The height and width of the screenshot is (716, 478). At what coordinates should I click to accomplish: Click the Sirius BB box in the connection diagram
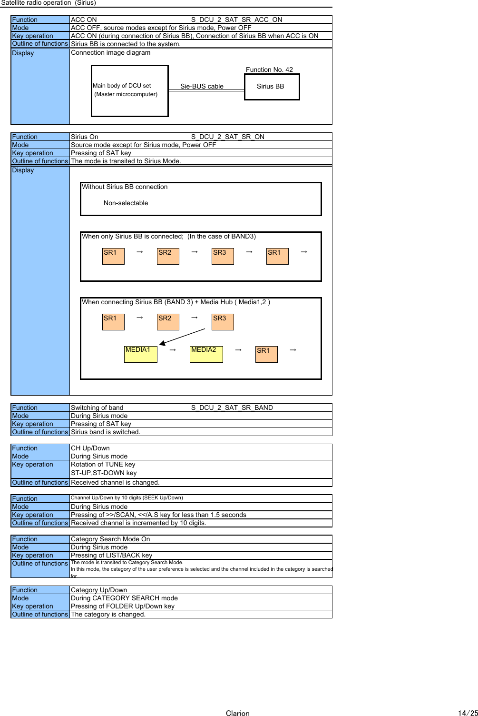pyautogui.click(x=272, y=87)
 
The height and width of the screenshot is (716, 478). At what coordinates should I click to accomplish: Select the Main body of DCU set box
pyautogui.click(x=129, y=90)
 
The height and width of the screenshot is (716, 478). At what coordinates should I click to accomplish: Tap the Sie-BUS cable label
pyautogui.click(x=202, y=86)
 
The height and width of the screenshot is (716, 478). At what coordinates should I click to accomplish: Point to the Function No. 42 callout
pyautogui.click(x=269, y=70)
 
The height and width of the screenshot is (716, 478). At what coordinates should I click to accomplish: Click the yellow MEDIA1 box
pyautogui.click(x=140, y=354)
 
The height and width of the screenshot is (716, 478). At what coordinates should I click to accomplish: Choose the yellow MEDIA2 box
pyautogui.click(x=206, y=354)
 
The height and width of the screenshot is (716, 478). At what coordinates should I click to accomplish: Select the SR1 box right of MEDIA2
pyautogui.click(x=266, y=354)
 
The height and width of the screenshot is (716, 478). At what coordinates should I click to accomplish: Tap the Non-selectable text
pyautogui.click(x=126, y=203)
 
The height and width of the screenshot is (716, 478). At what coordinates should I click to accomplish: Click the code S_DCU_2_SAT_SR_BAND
pyautogui.click(x=232, y=408)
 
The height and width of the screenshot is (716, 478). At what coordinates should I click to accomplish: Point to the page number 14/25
pyautogui.click(x=468, y=713)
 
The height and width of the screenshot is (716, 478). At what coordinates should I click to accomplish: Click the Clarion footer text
pyautogui.click(x=237, y=713)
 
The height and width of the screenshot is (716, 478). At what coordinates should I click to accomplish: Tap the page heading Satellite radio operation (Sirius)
pyautogui.click(x=49, y=3)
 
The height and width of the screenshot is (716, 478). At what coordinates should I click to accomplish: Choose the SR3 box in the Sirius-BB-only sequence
pyautogui.click(x=223, y=256)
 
